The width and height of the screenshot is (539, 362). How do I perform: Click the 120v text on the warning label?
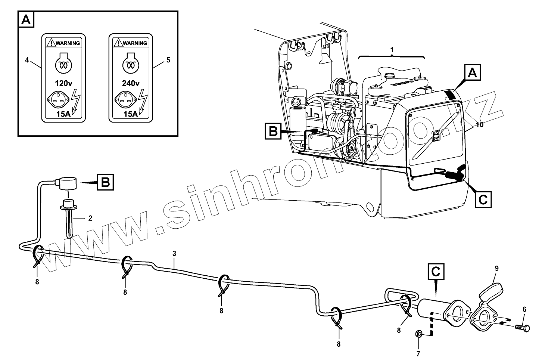(x=63, y=83)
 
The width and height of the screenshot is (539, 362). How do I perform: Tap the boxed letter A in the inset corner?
(x=26, y=19)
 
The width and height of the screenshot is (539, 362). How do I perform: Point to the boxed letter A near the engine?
(x=472, y=73)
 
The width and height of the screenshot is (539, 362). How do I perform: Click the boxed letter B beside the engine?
(x=273, y=132)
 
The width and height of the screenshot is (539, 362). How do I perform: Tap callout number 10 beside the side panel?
(x=480, y=125)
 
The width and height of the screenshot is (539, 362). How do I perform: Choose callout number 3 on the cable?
(x=174, y=253)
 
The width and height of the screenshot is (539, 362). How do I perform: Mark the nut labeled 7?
(x=419, y=334)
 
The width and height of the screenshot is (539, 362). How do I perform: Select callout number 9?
(x=497, y=268)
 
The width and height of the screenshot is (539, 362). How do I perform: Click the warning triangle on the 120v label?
(x=50, y=43)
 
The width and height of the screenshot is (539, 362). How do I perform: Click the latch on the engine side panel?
(x=436, y=136)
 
